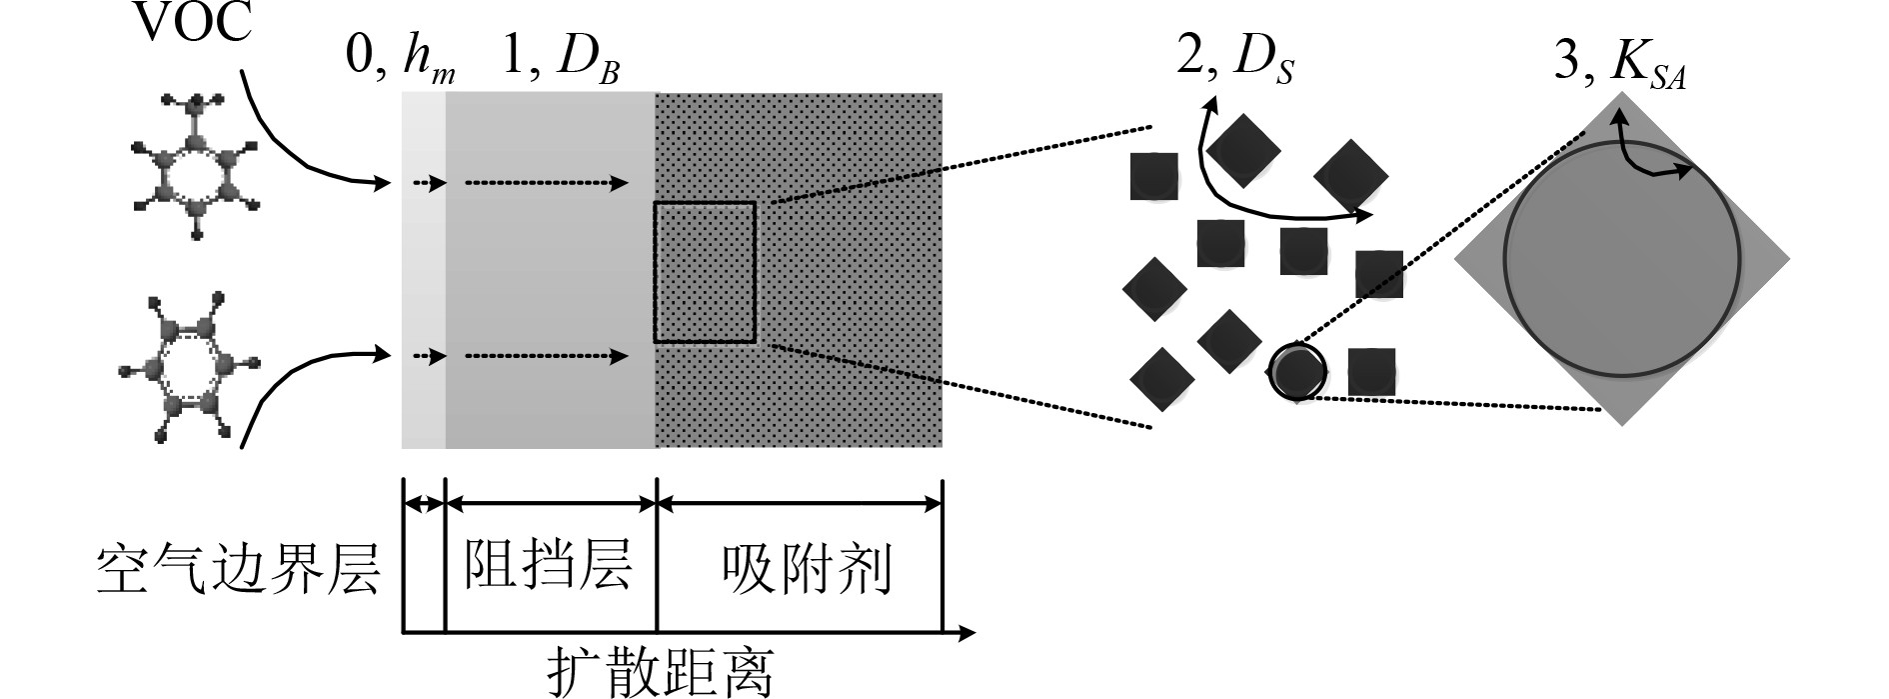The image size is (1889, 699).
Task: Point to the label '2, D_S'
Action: tap(1235, 58)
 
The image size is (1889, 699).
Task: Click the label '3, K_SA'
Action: tap(1620, 66)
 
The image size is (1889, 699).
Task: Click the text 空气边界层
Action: tap(239, 571)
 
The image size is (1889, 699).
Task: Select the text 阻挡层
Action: tap(548, 564)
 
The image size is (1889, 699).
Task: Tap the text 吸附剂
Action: tap(806, 570)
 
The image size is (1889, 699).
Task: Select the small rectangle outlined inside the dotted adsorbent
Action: tap(705, 272)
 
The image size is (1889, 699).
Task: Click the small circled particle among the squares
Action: tap(1297, 372)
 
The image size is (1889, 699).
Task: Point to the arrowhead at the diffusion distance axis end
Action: tap(965, 632)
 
